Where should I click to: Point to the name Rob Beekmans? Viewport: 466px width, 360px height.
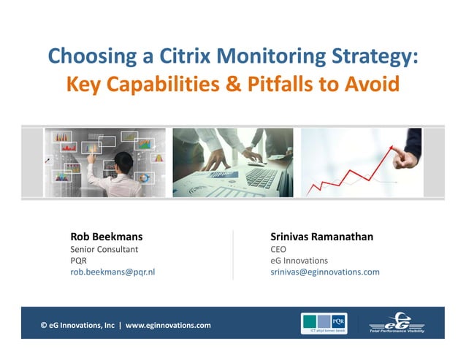coord(106,237)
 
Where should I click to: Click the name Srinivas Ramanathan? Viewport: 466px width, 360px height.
coord(321,237)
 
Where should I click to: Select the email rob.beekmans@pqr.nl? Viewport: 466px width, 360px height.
coord(112,272)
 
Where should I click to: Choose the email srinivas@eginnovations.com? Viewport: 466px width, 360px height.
coord(324,272)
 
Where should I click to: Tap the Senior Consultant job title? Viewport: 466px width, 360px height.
coord(104,249)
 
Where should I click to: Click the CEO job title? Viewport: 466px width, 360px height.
coord(278,249)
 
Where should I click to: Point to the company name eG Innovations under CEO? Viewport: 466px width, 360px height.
coord(299,261)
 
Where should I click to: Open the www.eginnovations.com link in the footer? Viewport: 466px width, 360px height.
coord(168,325)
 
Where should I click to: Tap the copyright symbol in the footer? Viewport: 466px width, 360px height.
coord(44,325)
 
